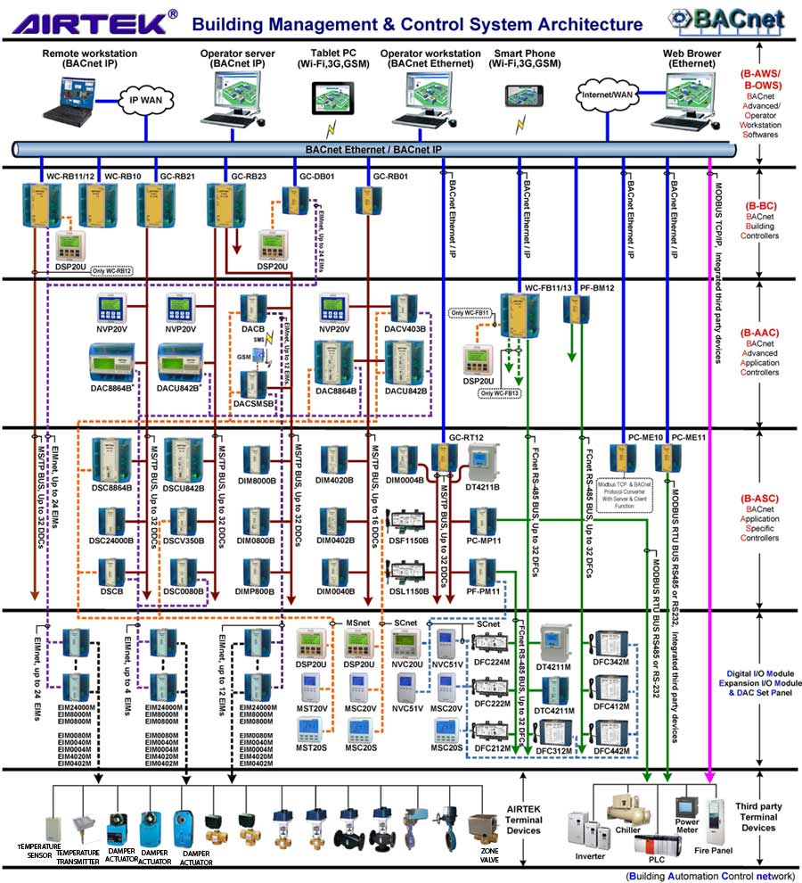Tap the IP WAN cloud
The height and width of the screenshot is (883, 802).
(142, 101)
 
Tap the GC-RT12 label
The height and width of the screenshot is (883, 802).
(465, 436)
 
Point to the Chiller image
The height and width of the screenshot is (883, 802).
(630, 809)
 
